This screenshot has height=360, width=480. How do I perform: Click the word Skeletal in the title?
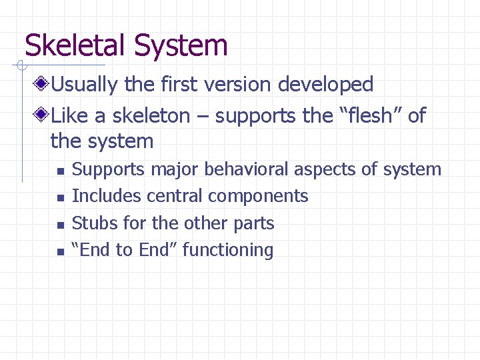click(x=76, y=46)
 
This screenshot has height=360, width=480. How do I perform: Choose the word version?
click(x=233, y=85)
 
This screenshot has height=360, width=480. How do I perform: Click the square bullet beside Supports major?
click(x=60, y=171)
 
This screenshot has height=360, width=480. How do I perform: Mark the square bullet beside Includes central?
click(x=60, y=198)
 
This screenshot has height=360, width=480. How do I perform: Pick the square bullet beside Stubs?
click(x=60, y=225)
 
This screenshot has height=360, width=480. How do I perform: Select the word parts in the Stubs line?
click(x=253, y=223)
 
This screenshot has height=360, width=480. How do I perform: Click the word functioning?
click(x=228, y=250)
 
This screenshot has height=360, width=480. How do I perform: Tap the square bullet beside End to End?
click(x=60, y=252)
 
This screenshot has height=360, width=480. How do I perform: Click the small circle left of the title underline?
click(x=22, y=65)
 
